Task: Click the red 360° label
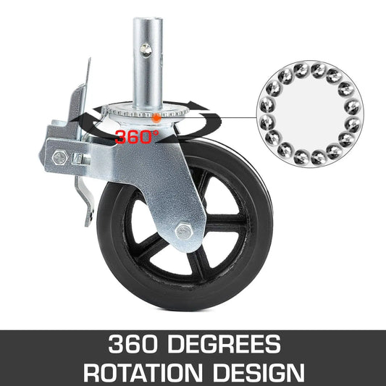[137, 135]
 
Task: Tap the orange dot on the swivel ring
[156, 115]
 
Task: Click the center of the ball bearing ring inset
[309, 110]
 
